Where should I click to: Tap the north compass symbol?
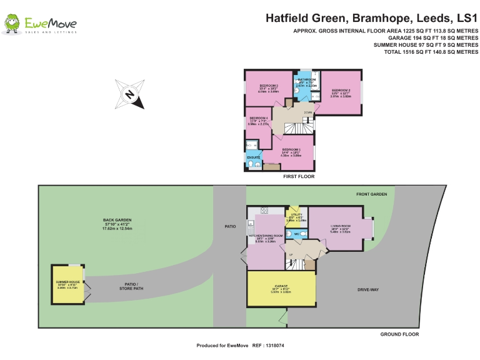coord(129,94)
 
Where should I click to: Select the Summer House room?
coord(66,284)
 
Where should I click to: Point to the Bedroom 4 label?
coord(258,118)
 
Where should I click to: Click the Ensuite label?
coord(253,157)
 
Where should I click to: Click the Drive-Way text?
coord(368,290)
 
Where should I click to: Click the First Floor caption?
coord(299,177)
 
